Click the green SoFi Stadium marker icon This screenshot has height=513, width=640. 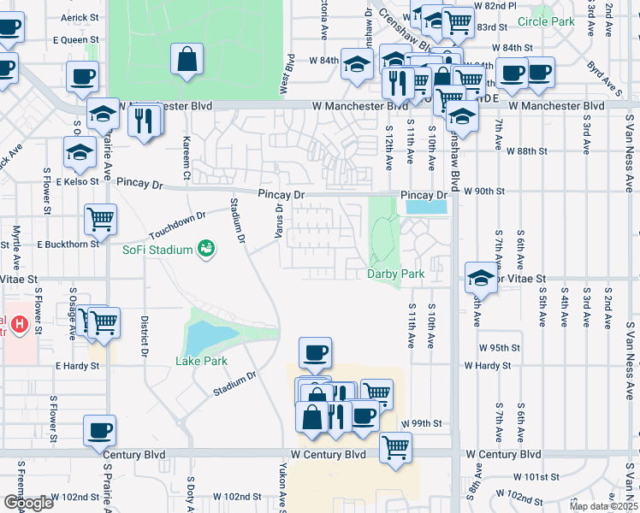pos(205,249)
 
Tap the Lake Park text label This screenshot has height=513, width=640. pos(202,361)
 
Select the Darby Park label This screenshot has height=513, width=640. pos(396,274)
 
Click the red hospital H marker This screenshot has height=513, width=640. pos(15,326)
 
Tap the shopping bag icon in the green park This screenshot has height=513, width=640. pos(187,61)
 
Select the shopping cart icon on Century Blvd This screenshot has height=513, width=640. pos(395,447)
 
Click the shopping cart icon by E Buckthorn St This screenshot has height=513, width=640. pos(101,219)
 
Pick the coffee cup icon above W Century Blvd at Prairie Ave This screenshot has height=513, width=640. pos(100,429)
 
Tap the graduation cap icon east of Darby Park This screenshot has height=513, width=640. pos(481,278)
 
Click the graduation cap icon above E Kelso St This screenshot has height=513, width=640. pos(80,153)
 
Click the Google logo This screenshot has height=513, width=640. pos(27,503)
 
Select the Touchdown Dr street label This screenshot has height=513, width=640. pos(178,225)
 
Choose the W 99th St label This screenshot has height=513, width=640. pos(424,423)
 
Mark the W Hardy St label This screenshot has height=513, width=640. pos(488,365)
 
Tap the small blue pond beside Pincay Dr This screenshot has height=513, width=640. pos(426,207)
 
